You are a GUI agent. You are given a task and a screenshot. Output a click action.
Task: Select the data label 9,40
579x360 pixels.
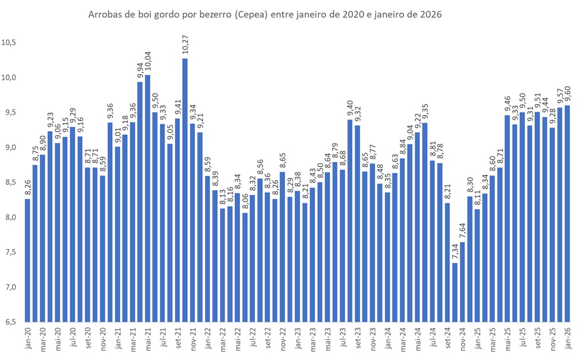click(350, 109)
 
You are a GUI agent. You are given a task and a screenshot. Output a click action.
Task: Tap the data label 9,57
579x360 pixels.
click(560, 98)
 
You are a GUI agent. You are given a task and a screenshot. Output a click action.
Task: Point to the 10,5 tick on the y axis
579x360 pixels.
click(10, 42)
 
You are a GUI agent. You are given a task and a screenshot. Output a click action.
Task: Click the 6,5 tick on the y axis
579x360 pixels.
click(10, 322)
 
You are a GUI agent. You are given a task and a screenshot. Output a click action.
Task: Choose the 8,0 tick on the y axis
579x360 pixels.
click(10, 217)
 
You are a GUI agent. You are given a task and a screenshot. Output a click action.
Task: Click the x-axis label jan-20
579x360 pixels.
click(27, 338)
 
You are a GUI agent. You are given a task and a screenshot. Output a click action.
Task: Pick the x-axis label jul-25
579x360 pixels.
click(522, 338)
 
